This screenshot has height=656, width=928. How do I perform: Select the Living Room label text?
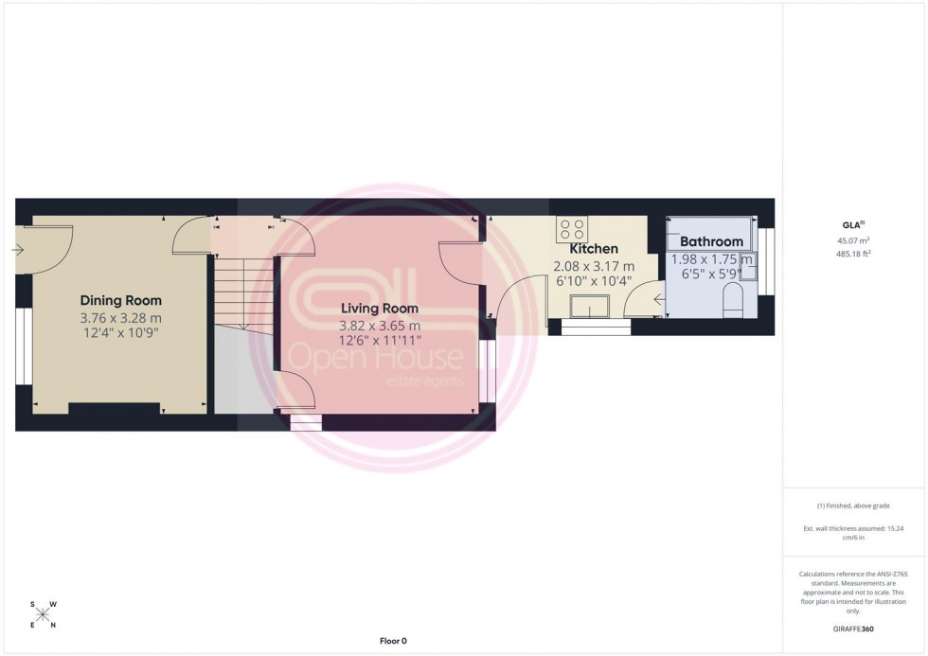point(379,309)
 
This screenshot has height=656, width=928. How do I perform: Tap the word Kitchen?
point(593,249)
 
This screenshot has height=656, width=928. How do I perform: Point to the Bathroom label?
point(711,242)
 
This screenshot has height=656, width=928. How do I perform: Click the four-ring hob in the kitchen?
point(572,229)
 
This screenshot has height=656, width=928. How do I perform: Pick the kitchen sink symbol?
point(591,307)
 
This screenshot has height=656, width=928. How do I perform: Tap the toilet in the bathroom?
point(734,303)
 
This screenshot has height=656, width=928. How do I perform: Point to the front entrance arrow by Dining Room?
point(18,250)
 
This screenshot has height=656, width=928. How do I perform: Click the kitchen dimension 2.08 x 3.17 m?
point(593,267)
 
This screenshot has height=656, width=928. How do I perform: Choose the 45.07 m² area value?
point(854,240)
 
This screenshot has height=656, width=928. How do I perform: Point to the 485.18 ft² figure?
point(854,254)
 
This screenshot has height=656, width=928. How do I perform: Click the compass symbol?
point(44,613)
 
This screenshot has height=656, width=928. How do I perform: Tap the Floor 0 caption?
point(391,641)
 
